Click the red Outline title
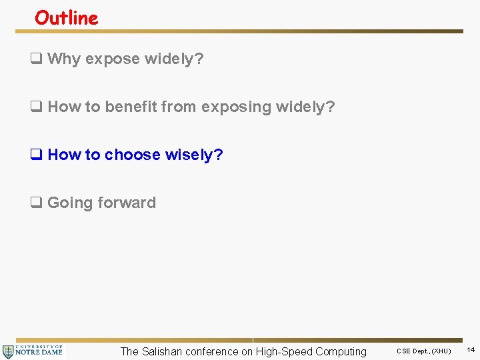(67, 18)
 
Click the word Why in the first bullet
(63, 59)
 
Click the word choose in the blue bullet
(132, 155)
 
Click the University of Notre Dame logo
(33, 351)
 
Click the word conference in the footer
(212, 351)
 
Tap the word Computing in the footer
(341, 351)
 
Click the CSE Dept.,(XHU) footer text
(424, 351)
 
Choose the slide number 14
(471, 350)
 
